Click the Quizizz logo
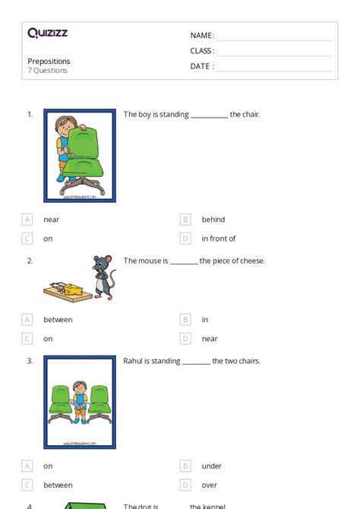[47, 33]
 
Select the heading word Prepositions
[49, 62]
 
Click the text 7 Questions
[47, 71]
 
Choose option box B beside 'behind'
[185, 220]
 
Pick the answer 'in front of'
[219, 239]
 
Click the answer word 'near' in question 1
[51, 220]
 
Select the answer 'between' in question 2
[58, 320]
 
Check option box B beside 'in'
[185, 320]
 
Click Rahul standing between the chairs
[79, 403]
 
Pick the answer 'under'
[212, 466]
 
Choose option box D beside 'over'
[185, 485]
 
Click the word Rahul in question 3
[134, 362]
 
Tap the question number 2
[30, 261]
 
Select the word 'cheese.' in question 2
[252, 261]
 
